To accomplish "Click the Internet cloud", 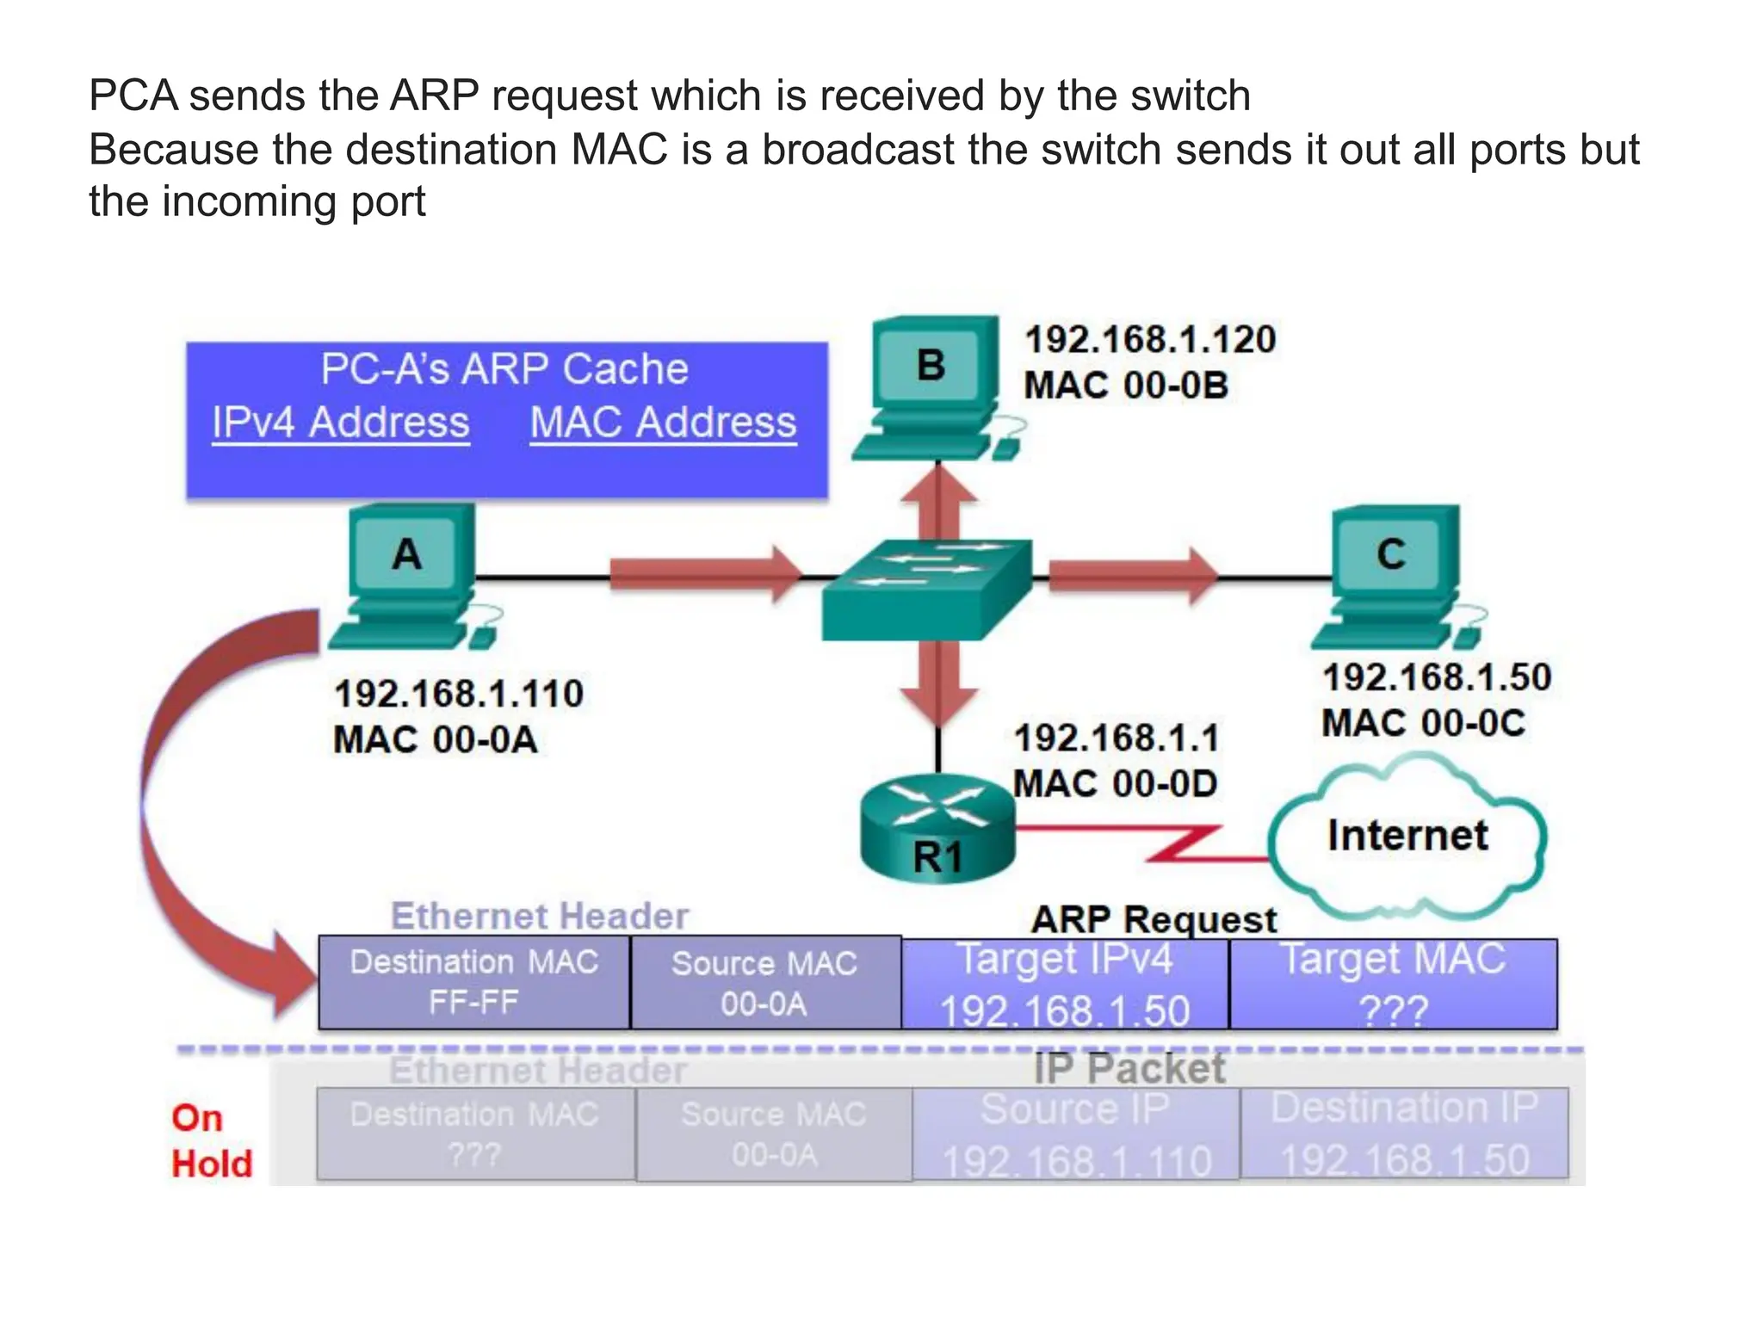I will pos(1406,836).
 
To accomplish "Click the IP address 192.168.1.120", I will pos(1149,339).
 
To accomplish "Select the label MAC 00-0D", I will pos(1115,783).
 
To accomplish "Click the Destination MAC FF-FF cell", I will pos(473,982).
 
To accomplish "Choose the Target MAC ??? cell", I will pos(1393,984).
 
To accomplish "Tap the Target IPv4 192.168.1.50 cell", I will pos(1065,984).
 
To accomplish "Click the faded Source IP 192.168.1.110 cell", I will pos(1075,1134).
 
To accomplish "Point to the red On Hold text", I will pos(211,1141).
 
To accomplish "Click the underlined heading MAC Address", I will pos(663,423).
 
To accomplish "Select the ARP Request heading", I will pos(1154,920).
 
